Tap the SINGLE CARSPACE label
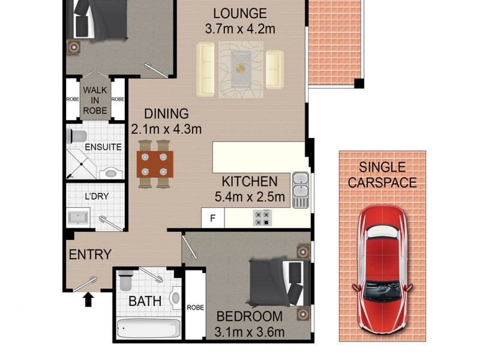tap(382, 175)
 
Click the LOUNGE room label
tap(240, 13)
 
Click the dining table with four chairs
tap(155, 164)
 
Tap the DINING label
tap(166, 113)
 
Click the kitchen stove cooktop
tap(263, 217)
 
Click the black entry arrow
tap(89, 298)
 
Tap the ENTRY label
tap(90, 255)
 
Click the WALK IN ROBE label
tap(95, 100)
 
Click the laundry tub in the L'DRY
tap(79, 217)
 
